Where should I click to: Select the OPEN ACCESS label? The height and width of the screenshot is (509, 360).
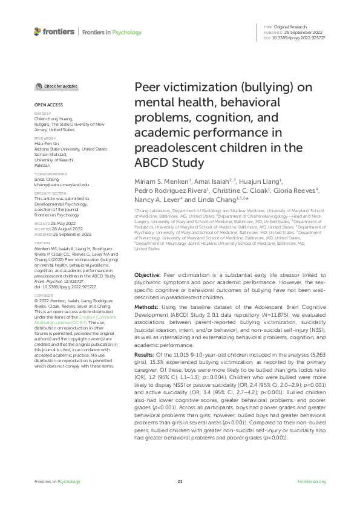46,105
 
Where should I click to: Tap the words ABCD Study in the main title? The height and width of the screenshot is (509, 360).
169,163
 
